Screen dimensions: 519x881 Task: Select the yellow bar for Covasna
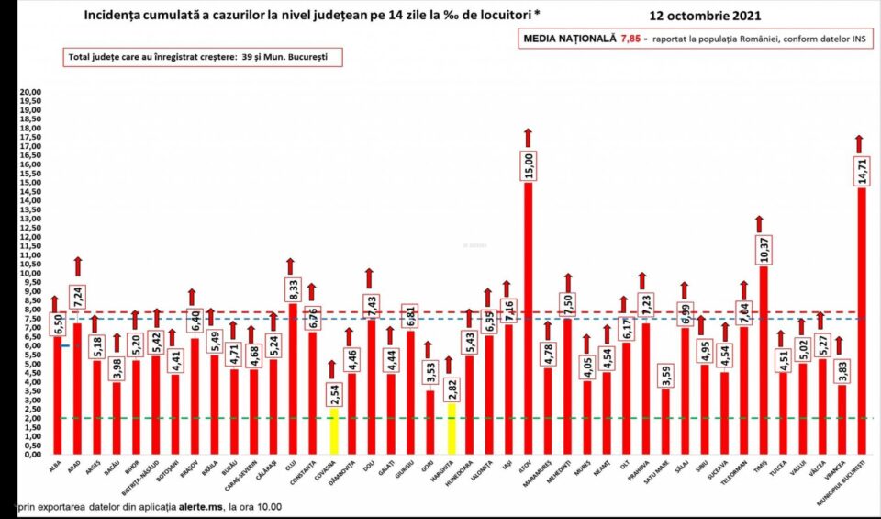click(x=334, y=431)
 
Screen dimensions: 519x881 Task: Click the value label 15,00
click(x=529, y=165)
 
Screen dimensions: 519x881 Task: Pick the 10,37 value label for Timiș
click(x=762, y=249)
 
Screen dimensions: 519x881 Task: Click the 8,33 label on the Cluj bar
click(x=292, y=287)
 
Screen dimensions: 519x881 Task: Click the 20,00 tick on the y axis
click(x=31, y=93)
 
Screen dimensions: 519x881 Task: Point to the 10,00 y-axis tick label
click(x=31, y=274)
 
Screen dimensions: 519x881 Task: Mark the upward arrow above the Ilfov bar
click(x=529, y=136)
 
